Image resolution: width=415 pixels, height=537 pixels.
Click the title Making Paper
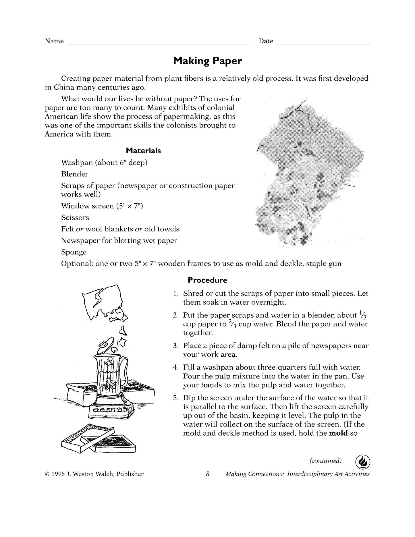[x=207, y=61]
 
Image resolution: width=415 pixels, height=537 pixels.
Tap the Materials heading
[x=143, y=151]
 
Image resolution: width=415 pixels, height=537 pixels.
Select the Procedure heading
[x=207, y=280]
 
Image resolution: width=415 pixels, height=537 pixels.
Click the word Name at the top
[x=54, y=41]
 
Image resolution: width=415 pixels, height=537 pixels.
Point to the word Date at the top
[x=266, y=41]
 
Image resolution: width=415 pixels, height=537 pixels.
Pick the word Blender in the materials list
[x=75, y=174]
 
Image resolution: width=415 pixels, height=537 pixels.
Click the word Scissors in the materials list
[x=75, y=218]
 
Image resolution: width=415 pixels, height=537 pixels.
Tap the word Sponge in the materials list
[x=74, y=252]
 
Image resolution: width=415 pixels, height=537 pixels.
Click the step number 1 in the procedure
[x=175, y=294]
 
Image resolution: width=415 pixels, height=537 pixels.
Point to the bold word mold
[x=338, y=433]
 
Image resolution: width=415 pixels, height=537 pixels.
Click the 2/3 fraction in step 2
[x=232, y=324]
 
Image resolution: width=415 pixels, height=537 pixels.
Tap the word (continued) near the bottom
[x=325, y=461]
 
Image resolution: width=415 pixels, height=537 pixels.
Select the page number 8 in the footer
[x=207, y=474]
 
